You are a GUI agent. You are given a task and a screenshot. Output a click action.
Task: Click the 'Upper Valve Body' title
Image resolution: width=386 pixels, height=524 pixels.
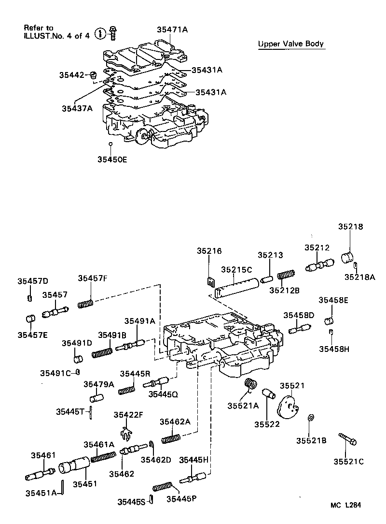[x=291, y=44]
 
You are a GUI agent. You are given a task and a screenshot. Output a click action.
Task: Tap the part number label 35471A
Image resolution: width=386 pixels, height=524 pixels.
[x=172, y=29]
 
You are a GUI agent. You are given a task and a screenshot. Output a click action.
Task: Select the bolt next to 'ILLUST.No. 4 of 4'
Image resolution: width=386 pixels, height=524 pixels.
[x=113, y=33]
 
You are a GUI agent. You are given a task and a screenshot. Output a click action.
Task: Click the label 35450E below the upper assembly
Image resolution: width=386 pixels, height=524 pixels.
[x=111, y=159]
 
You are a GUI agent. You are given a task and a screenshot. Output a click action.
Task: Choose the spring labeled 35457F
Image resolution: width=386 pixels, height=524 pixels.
[x=85, y=304]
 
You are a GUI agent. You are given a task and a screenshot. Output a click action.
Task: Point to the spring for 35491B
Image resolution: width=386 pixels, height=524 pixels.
[x=102, y=351]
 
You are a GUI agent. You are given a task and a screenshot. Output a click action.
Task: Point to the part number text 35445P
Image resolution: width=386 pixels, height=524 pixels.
[x=178, y=498]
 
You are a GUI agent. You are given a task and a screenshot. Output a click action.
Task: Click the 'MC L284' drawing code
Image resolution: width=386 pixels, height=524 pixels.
[x=345, y=505]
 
